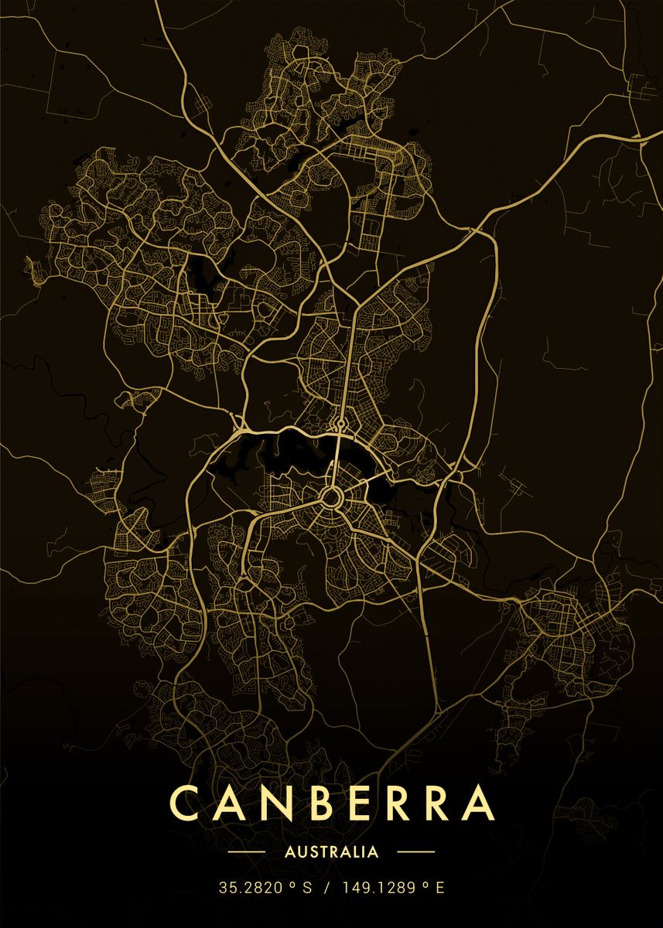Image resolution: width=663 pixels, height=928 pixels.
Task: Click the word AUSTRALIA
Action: pyautogui.click(x=332, y=852)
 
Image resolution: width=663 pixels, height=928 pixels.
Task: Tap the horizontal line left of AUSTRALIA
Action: pyautogui.click(x=248, y=852)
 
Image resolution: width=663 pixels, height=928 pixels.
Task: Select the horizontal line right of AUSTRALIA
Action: pyautogui.click(x=415, y=852)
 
